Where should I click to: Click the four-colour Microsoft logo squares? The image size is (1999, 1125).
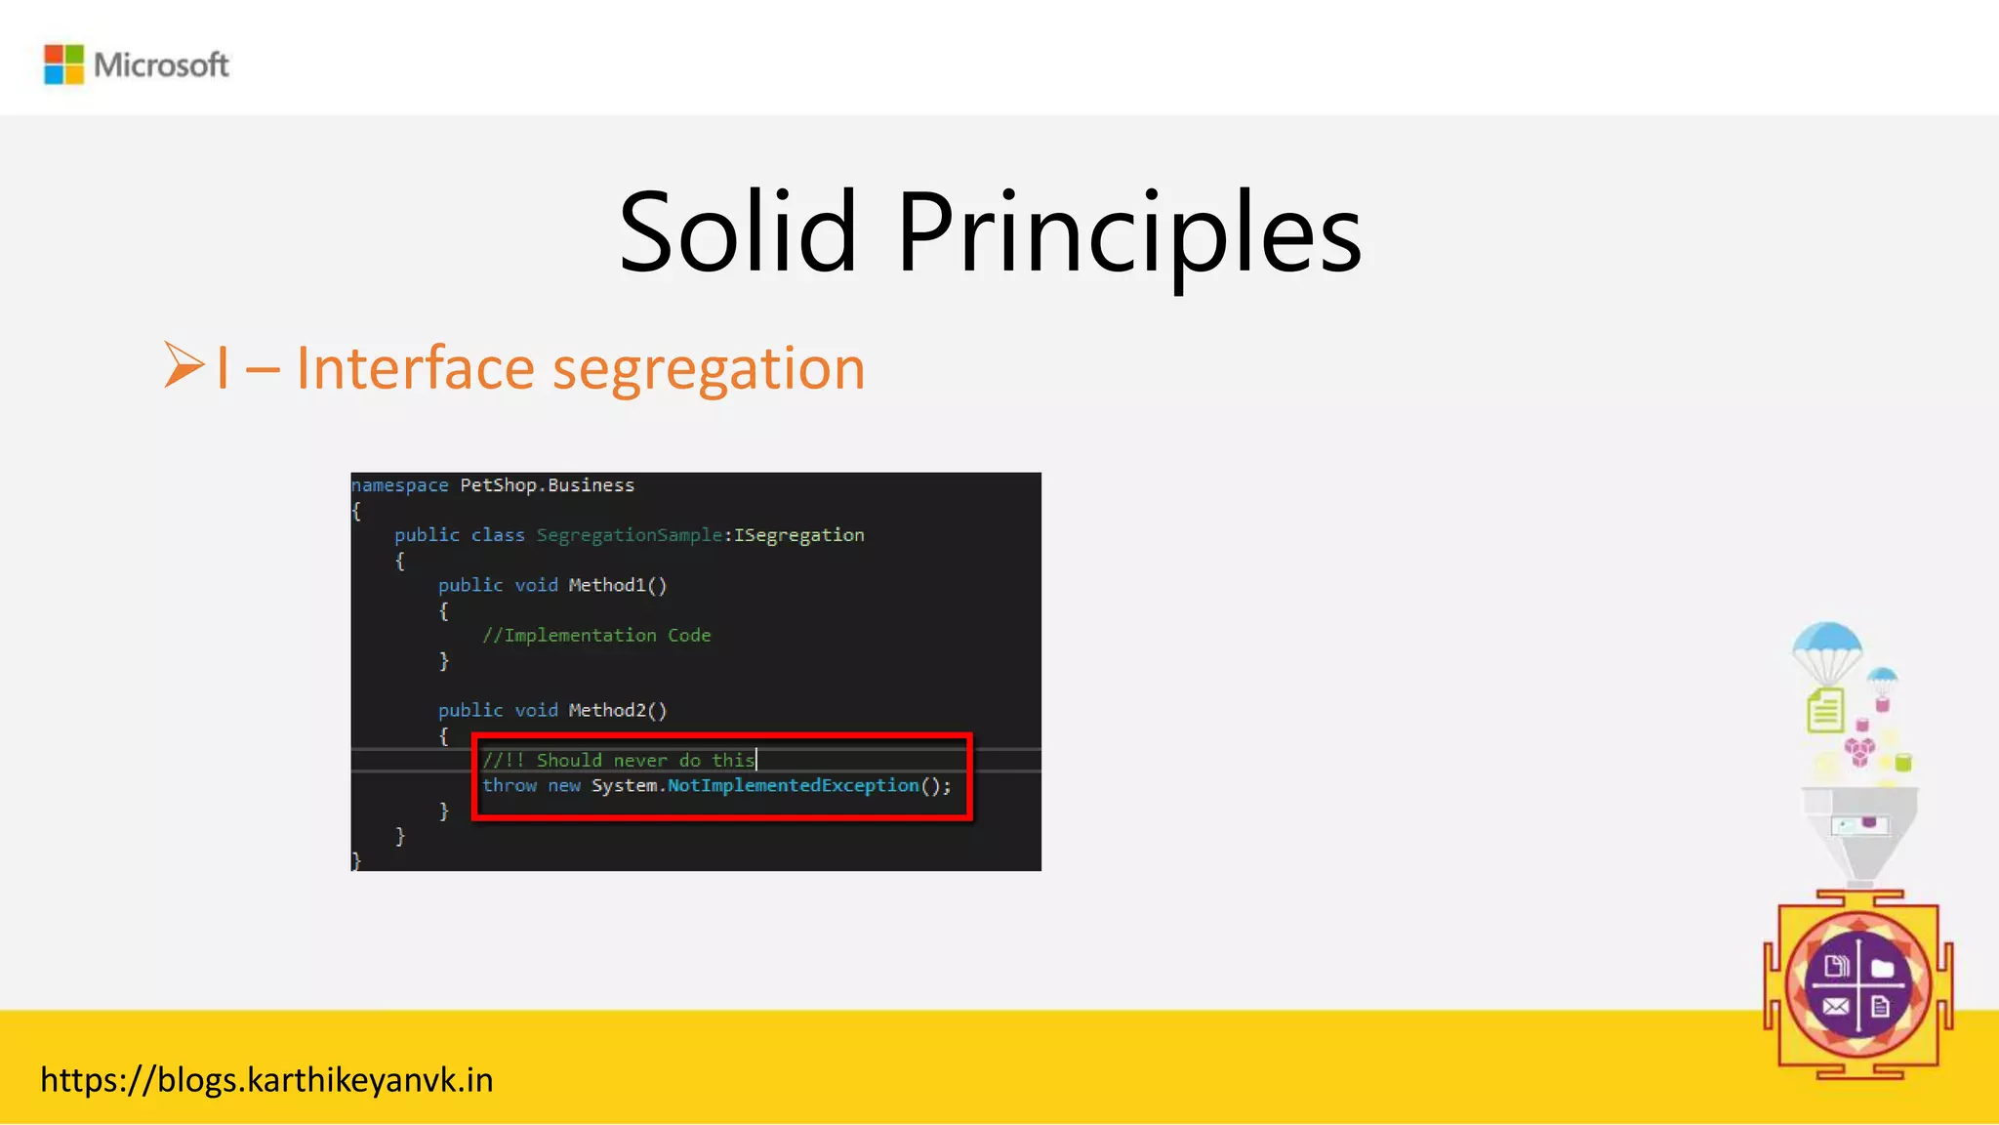pos(63,64)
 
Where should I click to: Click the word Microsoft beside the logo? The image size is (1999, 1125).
pos(161,65)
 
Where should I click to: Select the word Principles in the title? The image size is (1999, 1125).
pos(1128,234)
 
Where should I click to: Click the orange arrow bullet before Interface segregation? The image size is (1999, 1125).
pos(184,365)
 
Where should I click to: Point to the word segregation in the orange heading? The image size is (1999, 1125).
pos(709,369)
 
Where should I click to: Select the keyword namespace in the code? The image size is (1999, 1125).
pos(400,485)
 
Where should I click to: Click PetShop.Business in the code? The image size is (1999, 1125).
pos(547,485)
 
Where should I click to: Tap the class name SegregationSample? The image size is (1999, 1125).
pos(630,535)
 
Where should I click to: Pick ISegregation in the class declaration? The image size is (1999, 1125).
pos(799,535)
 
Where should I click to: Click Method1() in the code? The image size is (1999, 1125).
pos(617,585)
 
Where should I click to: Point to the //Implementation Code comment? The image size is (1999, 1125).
pos(596,636)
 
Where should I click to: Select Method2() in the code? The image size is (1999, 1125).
pos(617,710)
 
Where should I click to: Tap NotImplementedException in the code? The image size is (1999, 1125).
pos(793,785)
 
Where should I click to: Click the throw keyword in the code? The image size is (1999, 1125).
pos(509,785)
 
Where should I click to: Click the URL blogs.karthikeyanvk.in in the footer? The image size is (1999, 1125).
pos(266,1080)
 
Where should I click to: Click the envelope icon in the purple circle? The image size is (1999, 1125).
pos(1835,1007)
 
